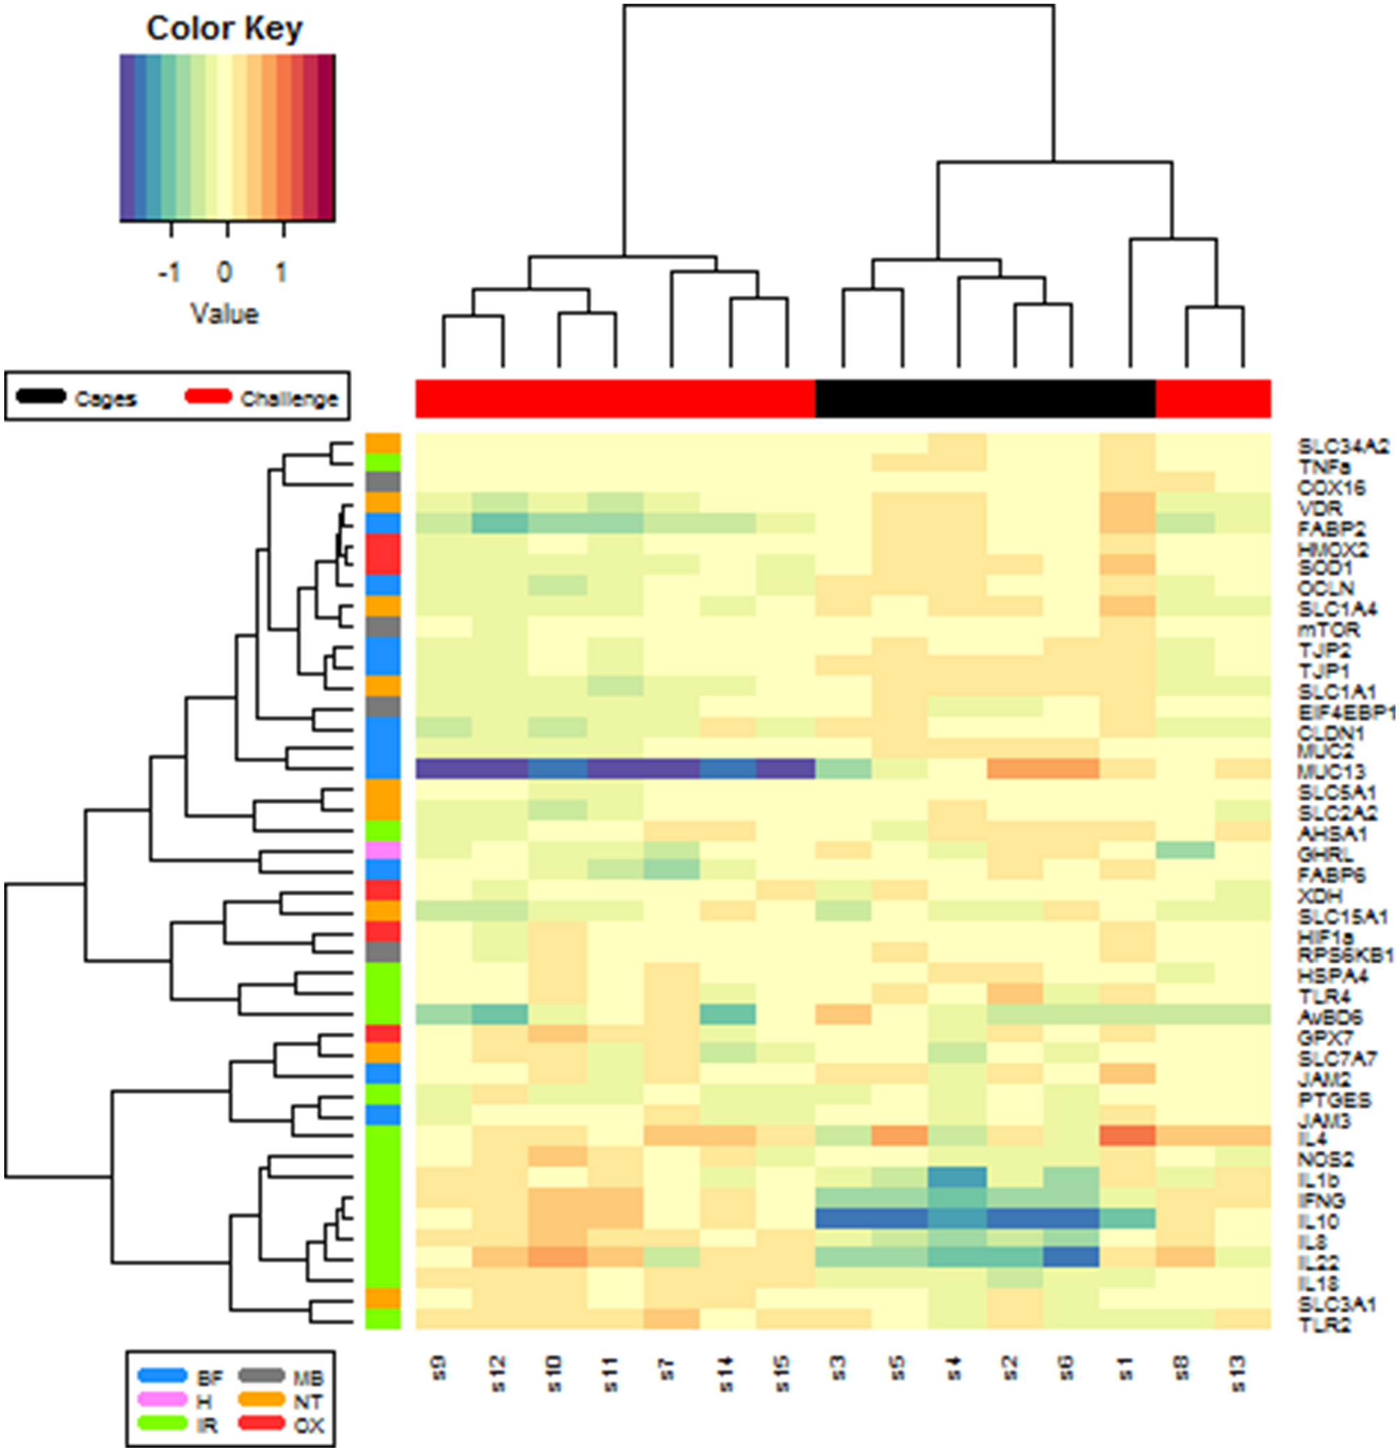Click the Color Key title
click(x=224, y=28)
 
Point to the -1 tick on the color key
click(x=169, y=272)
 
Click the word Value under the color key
click(x=224, y=314)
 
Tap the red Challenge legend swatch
click(x=208, y=397)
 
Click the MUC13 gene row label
click(x=1331, y=772)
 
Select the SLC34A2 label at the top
click(x=1342, y=447)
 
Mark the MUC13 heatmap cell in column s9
click(x=443, y=769)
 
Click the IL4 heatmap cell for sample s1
click(x=1127, y=1136)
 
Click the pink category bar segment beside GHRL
click(x=383, y=850)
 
